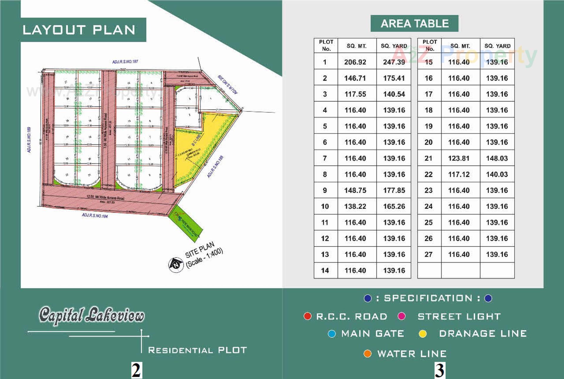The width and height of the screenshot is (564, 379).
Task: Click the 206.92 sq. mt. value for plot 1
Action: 355,62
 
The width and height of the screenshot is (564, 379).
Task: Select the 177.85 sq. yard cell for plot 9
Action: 394,190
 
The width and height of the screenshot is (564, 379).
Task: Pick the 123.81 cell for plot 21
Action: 459,158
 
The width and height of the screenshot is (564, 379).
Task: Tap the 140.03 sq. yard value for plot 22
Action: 497,174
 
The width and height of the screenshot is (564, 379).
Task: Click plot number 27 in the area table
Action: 429,254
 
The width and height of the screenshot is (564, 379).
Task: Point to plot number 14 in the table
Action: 325,270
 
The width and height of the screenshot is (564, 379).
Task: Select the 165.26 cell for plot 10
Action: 394,206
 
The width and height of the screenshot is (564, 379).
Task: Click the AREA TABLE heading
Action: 414,24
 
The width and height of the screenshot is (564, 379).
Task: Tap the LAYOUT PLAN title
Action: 79,30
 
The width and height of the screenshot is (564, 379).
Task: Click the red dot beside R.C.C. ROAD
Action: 307,316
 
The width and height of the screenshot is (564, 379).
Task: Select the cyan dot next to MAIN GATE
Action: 332,334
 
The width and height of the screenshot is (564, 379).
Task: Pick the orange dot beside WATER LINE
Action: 367,353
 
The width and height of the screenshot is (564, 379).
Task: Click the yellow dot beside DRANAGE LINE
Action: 423,334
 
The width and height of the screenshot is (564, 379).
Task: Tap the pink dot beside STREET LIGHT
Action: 402,316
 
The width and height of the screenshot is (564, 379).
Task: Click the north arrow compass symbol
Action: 176,265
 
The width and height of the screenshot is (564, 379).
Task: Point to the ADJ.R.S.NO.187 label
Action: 125,62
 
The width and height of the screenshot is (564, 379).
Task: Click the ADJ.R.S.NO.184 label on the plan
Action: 95,216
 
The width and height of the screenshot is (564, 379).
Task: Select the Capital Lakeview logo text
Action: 92,315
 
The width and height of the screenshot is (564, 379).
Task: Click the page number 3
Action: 439,370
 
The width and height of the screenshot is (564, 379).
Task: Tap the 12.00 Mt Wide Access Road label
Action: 105,197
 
